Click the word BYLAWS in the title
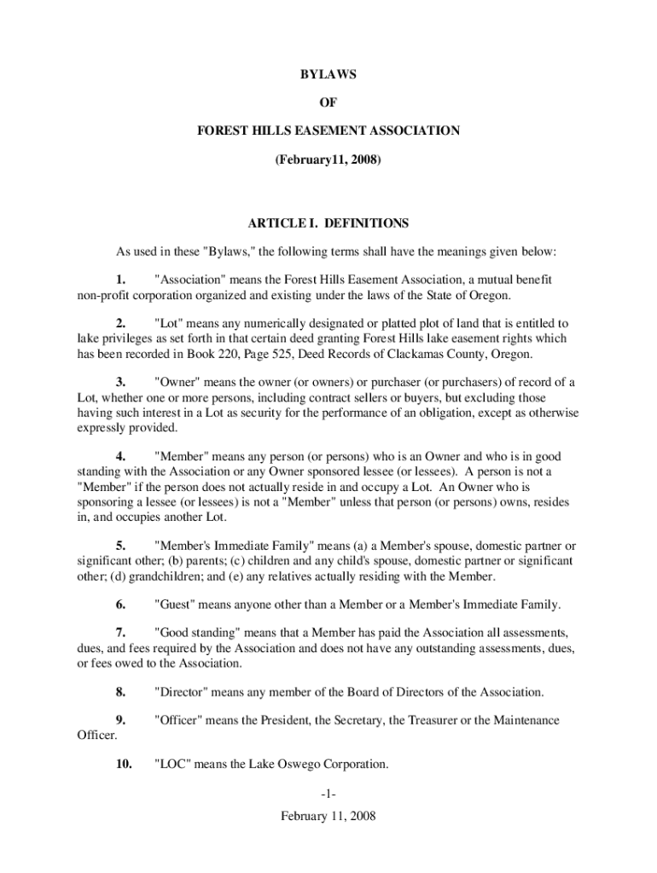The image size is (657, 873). (x=328, y=75)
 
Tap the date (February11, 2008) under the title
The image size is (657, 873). (x=328, y=159)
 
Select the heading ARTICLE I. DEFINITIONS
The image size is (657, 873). (x=328, y=224)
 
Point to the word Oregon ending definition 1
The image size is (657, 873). (x=489, y=295)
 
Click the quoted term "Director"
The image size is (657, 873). (x=184, y=691)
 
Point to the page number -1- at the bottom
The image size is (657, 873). (x=328, y=795)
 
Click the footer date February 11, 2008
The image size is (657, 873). (x=328, y=816)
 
